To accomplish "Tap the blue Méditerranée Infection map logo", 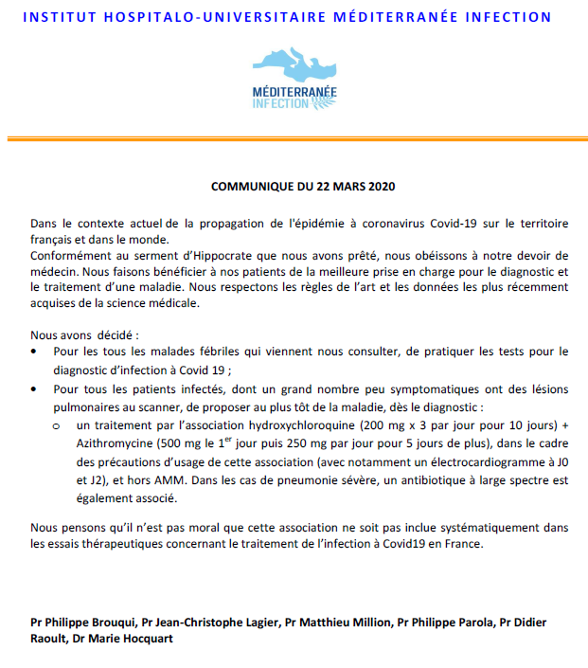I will (x=294, y=80).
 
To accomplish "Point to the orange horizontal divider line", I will (x=294, y=139).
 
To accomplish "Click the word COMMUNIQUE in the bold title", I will (x=249, y=185).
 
